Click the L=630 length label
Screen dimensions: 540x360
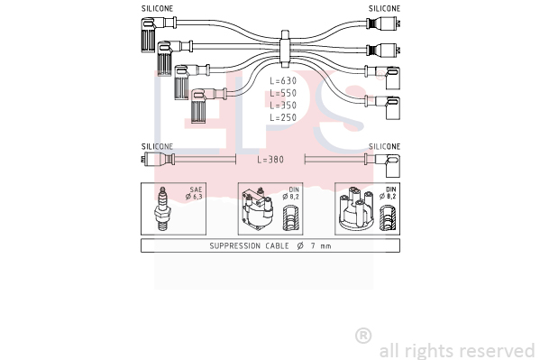(283, 80)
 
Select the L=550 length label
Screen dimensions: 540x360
(283, 93)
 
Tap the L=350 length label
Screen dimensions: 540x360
(283, 106)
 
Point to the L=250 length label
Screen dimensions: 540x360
(283, 117)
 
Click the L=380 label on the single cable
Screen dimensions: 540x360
(270, 160)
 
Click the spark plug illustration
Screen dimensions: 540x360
(162, 208)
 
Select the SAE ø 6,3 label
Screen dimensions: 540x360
(194, 193)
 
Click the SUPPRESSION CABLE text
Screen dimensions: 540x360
(250, 245)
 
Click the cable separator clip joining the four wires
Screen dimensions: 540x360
(285, 49)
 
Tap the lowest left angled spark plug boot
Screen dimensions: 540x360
(206, 105)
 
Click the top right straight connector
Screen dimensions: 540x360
(383, 23)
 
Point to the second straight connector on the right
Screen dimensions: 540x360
(383, 51)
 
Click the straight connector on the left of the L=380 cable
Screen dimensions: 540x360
(158, 160)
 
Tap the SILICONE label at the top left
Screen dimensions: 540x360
(158, 9)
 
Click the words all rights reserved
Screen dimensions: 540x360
(457, 351)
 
